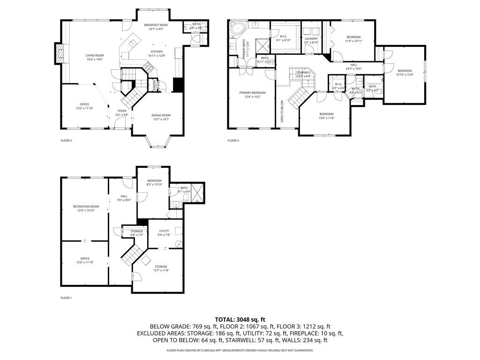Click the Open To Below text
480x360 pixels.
pos(282,111)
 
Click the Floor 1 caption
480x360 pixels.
pos(66,298)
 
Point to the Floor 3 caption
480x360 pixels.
pos(233,140)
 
